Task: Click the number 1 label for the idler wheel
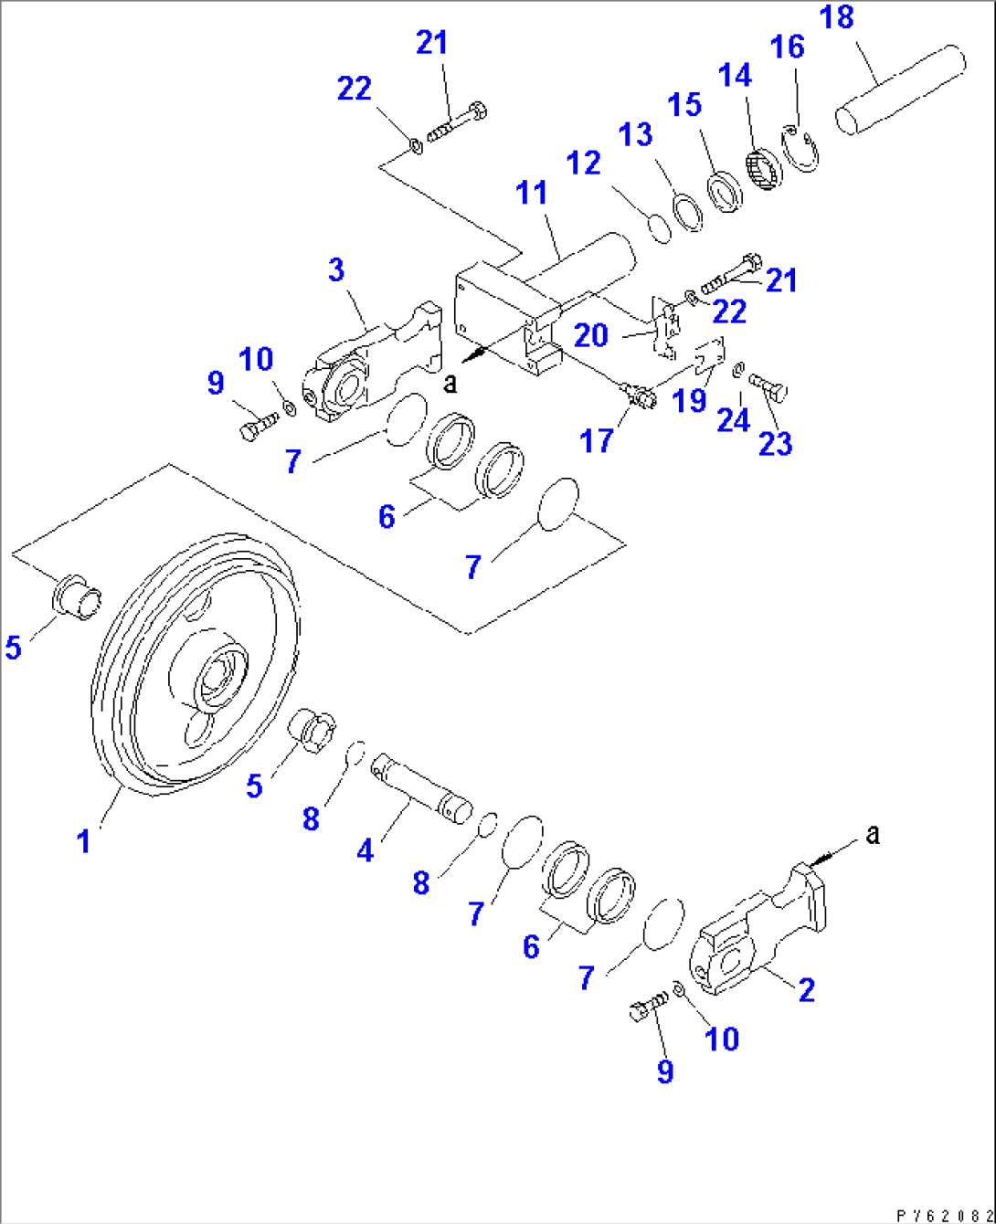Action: click(83, 840)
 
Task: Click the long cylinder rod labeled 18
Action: click(900, 91)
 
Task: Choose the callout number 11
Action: click(532, 193)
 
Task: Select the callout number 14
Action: click(735, 75)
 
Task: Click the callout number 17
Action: click(597, 441)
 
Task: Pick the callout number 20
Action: click(591, 335)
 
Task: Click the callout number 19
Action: click(690, 400)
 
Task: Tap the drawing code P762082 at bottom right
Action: click(944, 1216)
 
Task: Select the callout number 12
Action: click(583, 164)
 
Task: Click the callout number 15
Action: click(684, 104)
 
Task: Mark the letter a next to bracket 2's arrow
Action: click(873, 833)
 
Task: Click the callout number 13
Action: click(636, 134)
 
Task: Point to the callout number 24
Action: click(733, 420)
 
